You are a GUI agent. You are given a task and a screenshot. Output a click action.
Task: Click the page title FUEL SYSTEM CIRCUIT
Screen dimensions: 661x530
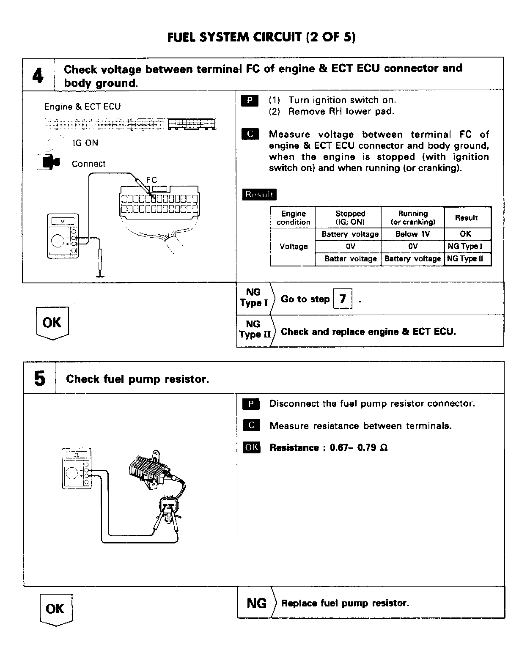(261, 38)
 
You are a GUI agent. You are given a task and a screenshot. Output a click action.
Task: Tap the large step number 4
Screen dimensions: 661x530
(38, 76)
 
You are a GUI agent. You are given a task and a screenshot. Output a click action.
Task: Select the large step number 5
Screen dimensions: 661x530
(39, 378)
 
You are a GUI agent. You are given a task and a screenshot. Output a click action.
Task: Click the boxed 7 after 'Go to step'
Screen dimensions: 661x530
(343, 299)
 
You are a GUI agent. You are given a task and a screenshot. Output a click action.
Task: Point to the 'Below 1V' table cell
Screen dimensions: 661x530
(412, 234)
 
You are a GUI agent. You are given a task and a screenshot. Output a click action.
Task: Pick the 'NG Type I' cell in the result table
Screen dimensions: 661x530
(465, 246)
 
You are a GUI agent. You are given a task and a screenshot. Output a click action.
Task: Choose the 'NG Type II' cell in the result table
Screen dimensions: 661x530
(465, 258)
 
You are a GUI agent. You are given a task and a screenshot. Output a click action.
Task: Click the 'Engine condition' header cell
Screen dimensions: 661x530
(293, 218)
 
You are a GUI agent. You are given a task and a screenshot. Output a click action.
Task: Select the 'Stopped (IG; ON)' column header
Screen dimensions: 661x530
(350, 218)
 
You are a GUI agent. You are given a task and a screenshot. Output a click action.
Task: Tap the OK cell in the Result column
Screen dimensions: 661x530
(465, 234)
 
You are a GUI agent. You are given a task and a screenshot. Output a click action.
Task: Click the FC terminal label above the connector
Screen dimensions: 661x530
(151, 180)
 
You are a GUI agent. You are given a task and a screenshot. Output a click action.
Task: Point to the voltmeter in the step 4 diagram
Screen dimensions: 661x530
(63, 236)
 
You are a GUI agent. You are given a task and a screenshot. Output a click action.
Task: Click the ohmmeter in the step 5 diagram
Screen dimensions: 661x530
(77, 469)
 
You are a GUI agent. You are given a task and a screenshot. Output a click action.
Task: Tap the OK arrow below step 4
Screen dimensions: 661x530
(52, 323)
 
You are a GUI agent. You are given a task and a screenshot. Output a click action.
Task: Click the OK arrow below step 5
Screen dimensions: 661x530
(55, 609)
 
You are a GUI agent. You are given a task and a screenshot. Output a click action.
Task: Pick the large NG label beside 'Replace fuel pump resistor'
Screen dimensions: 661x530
(256, 603)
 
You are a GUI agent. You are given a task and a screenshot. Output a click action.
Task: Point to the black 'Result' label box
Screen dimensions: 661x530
(259, 195)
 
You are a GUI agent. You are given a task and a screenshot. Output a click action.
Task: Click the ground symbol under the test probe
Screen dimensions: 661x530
(100, 276)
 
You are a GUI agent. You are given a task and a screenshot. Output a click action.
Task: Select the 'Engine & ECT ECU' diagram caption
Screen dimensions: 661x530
(82, 107)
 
